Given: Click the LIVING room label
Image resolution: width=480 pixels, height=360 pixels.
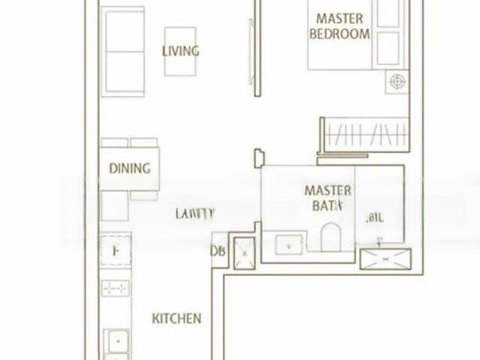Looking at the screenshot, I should [181, 51].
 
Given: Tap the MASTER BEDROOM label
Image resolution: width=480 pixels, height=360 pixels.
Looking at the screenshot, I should [340, 26].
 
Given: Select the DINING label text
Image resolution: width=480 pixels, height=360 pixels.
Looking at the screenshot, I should [130, 169].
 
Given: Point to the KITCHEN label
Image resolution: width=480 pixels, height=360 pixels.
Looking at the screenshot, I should [177, 318].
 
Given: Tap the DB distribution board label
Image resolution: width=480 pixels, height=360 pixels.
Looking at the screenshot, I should [218, 252].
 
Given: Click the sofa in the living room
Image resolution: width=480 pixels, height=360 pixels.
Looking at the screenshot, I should [123, 51].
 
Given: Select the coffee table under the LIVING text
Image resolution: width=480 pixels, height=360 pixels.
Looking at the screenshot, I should [180, 51].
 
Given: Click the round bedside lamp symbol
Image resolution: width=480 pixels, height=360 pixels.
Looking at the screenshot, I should [397, 82].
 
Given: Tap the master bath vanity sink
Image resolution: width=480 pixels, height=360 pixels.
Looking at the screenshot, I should [289, 244].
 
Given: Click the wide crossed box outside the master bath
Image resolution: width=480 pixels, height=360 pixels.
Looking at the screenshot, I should [385, 259].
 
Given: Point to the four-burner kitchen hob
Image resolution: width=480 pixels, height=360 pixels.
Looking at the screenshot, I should [115, 288].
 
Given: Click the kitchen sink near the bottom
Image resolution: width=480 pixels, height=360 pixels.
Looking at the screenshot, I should [116, 341].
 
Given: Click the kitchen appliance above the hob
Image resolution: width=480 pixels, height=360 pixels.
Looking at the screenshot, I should [115, 252].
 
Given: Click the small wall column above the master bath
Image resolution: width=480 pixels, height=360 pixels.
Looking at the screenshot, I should [259, 158].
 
